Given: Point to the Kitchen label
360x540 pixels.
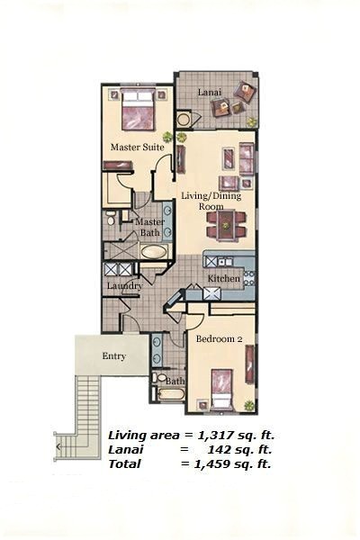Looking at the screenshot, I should (x=224, y=279).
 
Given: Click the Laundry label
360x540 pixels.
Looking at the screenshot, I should (x=124, y=286).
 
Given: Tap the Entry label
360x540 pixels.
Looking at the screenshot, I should (x=113, y=356).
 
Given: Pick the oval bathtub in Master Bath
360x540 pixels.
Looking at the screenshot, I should (x=154, y=251).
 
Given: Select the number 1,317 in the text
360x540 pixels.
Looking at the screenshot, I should (x=209, y=433).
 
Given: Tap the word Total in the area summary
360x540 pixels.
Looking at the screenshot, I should (x=126, y=463).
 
